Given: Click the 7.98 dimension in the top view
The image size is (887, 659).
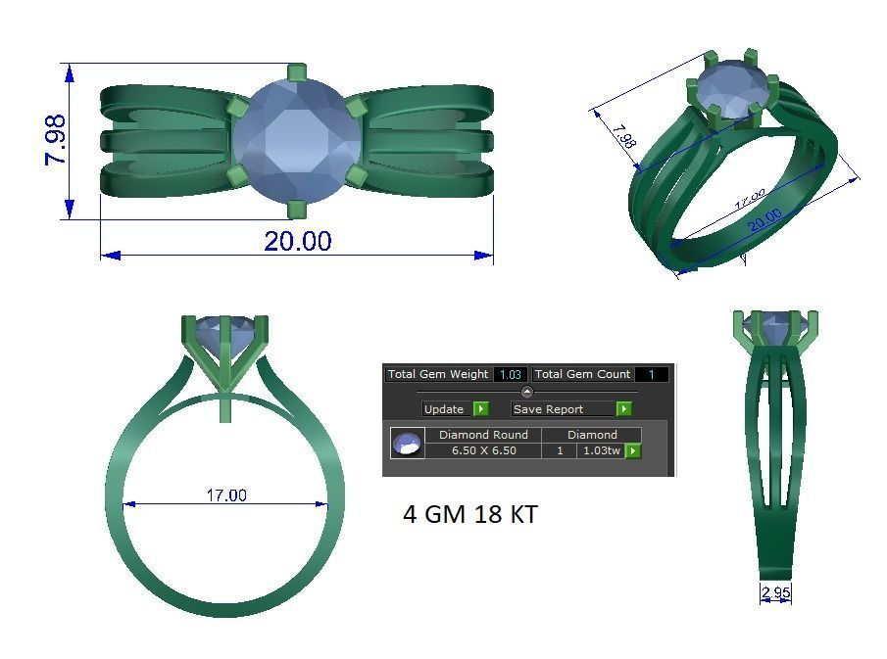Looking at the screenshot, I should (55, 140).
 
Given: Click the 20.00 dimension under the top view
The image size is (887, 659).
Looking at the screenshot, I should (297, 241).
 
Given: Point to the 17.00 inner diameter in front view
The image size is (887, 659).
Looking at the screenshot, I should (225, 495).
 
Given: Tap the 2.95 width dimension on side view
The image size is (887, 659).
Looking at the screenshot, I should (775, 592).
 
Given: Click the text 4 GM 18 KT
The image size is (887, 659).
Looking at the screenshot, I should (469, 514).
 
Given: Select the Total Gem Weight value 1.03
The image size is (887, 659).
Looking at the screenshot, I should (510, 374).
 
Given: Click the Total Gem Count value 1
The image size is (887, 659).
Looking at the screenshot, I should (651, 374).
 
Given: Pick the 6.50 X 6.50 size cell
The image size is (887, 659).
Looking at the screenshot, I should (483, 450).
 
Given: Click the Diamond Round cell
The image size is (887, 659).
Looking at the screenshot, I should (483, 435).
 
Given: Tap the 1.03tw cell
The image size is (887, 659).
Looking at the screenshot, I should (600, 450).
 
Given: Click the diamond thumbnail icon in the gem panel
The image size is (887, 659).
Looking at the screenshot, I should (407, 444).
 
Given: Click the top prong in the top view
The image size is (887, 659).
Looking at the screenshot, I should (296, 73).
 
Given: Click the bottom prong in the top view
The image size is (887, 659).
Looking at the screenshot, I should (296, 209).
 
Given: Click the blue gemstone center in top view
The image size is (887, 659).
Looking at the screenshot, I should (296, 140).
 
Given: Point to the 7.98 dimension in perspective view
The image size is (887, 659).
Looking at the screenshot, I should (620, 135).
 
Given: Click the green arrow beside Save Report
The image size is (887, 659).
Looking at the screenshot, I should (623, 409).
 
